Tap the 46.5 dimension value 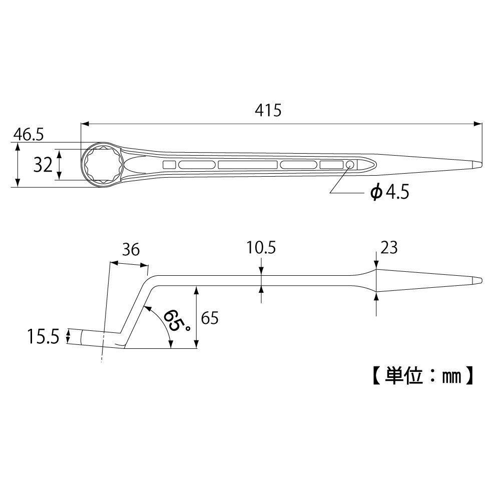(x=29, y=134)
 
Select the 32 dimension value (x=44, y=164)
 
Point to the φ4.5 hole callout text (x=389, y=192)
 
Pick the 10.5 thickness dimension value (x=261, y=248)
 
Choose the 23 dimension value (x=388, y=248)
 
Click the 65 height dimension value (x=210, y=318)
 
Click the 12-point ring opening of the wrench (x=102, y=164)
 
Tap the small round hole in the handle (x=350, y=165)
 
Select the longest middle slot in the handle (x=248, y=165)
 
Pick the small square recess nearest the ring (x=169, y=165)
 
